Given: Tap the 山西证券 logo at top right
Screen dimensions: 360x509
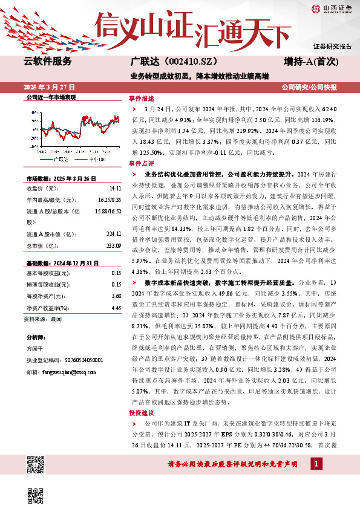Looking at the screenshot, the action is [332, 8].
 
